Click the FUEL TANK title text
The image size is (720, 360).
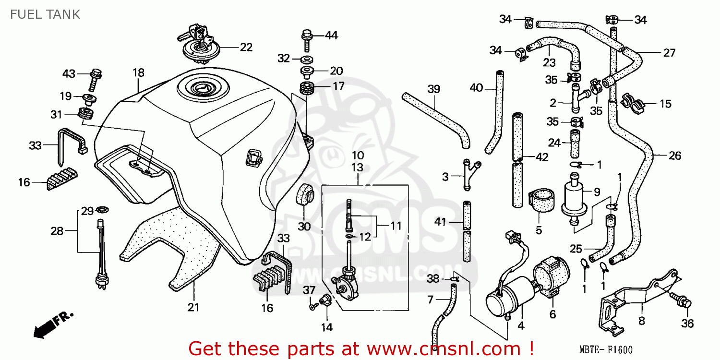click(45, 14)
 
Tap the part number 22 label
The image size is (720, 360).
click(246, 47)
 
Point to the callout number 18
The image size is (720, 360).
click(138, 73)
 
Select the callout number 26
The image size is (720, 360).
click(674, 156)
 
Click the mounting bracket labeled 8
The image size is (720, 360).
click(638, 298)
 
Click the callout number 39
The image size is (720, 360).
click(433, 89)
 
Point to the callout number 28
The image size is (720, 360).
click(57, 231)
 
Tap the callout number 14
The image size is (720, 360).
click(326, 328)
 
